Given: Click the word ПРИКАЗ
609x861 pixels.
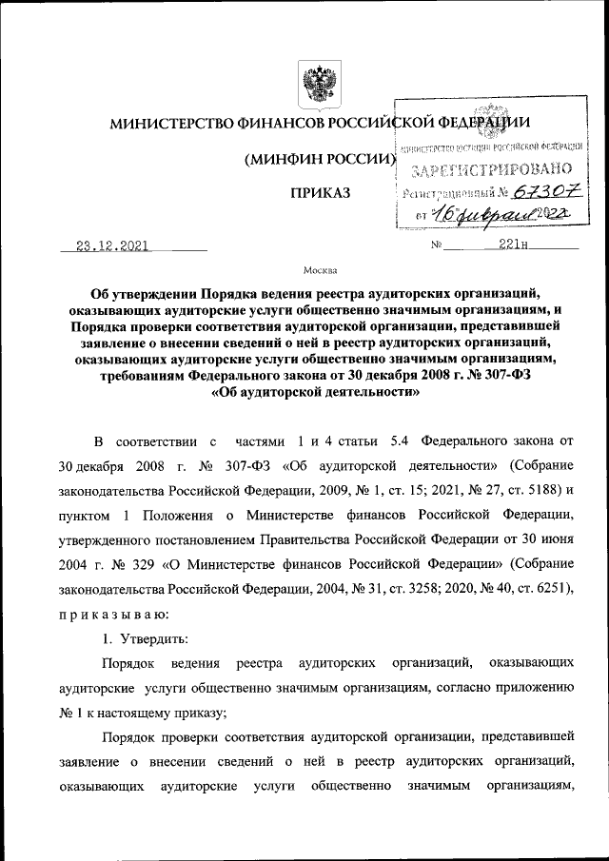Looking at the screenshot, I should pos(321,193).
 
